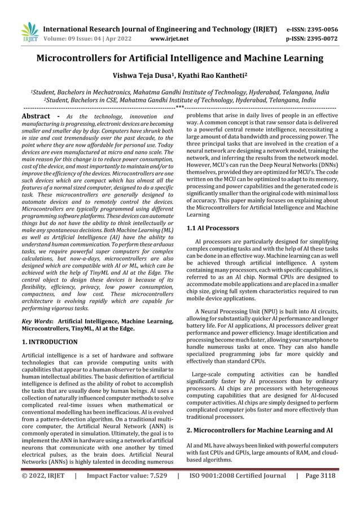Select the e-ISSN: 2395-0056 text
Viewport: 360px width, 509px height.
pyautogui.click(x=312, y=29)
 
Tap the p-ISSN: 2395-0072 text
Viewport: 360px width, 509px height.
pyautogui.click(x=312, y=39)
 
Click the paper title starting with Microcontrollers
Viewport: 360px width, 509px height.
pyautogui.click(x=180, y=58)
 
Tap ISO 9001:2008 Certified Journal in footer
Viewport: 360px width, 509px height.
pyautogui.click(x=238, y=476)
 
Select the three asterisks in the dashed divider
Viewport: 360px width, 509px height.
pyautogui.click(x=180, y=107)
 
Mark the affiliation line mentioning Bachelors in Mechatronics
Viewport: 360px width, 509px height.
pyautogui.click(x=180, y=91)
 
